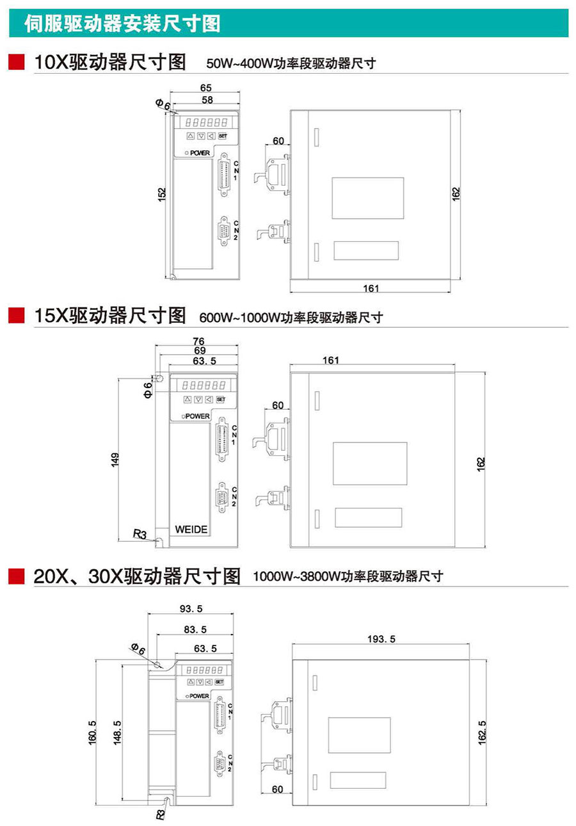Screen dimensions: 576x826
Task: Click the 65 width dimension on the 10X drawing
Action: pyautogui.click(x=205, y=88)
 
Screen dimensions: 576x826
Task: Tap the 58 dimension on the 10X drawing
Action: pyautogui.click(x=207, y=100)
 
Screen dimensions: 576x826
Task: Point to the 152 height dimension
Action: pyautogui.click(x=162, y=194)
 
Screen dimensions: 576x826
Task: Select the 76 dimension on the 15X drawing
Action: pyautogui.click(x=198, y=341)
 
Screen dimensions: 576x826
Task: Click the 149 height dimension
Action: pyautogui.click(x=115, y=460)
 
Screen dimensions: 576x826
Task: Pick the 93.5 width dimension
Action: pyautogui.click(x=191, y=608)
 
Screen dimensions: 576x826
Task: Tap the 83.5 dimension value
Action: pyautogui.click(x=195, y=629)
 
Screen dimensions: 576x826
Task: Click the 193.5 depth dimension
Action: pyautogui.click(x=381, y=638)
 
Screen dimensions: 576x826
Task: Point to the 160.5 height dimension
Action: pyautogui.click(x=92, y=733)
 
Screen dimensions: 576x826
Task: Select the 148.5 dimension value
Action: pyautogui.click(x=117, y=733)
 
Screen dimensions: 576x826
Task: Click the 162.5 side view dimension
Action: pyautogui.click(x=482, y=733)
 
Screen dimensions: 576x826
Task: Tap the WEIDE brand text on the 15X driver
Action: pyautogui.click(x=191, y=530)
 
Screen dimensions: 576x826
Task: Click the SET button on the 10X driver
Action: pyautogui.click(x=223, y=136)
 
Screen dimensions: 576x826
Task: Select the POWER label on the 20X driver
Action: pyautogui.click(x=199, y=696)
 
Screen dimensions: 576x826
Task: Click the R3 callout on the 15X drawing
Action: pyautogui.click(x=140, y=533)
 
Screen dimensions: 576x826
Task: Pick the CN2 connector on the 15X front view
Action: pyautogui.click(x=222, y=497)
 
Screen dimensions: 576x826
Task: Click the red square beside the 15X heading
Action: pyautogui.click(x=17, y=316)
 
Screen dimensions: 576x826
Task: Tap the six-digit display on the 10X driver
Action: pyautogui.click(x=206, y=122)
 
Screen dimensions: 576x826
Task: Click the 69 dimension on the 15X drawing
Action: pyautogui.click(x=200, y=350)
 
